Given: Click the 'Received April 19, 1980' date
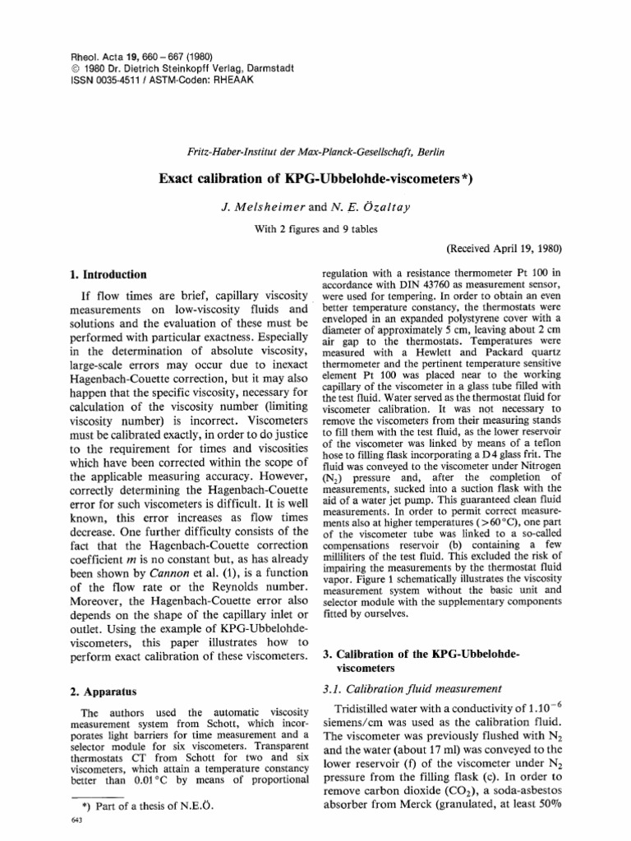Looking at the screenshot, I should pos(504,246).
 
